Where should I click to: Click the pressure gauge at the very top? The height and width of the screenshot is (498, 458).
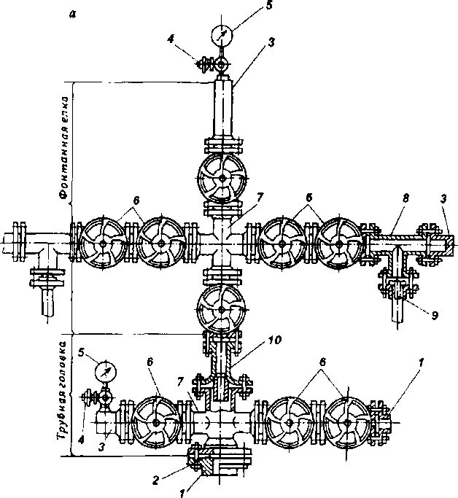coord(222,34)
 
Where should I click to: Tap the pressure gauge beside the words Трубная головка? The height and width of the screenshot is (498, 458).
coord(106,370)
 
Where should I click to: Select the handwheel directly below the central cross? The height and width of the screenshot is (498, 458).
coord(222,307)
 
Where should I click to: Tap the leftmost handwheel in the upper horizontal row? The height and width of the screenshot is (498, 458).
coord(104,243)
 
